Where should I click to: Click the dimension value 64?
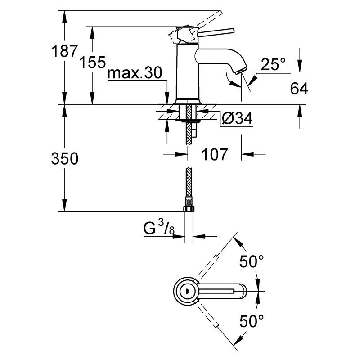pyautogui.click(x=299, y=89)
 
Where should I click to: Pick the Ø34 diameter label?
pyautogui.click(x=237, y=119)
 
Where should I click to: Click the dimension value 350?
pyautogui.click(x=64, y=158)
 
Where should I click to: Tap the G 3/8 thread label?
pyautogui.click(x=159, y=229)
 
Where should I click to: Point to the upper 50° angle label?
pyautogui.click(x=251, y=261)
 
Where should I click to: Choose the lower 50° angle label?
pyautogui.click(x=251, y=321)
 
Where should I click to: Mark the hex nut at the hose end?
pyautogui.click(x=188, y=208)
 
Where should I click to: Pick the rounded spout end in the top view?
pyautogui.click(x=243, y=292)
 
